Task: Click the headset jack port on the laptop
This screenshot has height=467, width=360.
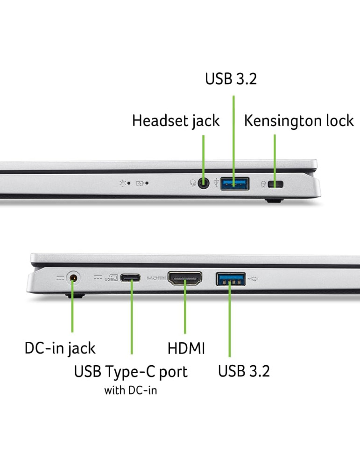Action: coord(204,183)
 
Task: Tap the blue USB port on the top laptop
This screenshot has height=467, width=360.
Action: coord(235,184)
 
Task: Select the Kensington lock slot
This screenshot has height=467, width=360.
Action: coord(276,184)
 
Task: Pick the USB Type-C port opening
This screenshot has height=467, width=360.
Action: coord(130,278)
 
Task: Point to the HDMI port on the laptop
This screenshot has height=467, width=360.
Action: coord(185,278)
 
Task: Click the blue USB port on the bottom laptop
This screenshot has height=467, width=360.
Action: coord(231,279)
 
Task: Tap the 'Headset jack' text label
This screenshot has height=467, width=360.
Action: coord(176,121)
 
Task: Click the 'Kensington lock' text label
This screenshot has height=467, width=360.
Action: coord(299,121)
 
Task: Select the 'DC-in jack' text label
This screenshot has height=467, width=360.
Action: coord(60,348)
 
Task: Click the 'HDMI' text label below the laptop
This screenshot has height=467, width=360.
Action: coord(186,348)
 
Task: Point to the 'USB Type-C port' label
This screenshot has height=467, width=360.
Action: coord(131,372)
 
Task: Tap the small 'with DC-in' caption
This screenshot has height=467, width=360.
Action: coord(130,390)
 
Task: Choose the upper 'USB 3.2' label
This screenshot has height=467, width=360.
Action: coord(231,79)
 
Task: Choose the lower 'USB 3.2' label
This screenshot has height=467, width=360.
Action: coord(244,371)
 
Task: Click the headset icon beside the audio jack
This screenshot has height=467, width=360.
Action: coord(193,183)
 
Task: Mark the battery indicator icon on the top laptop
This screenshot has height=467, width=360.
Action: coord(140,183)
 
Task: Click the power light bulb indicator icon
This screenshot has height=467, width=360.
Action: coord(122,183)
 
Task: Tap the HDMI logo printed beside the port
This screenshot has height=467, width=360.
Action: coord(156,278)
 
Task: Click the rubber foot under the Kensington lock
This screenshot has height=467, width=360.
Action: coord(274,200)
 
